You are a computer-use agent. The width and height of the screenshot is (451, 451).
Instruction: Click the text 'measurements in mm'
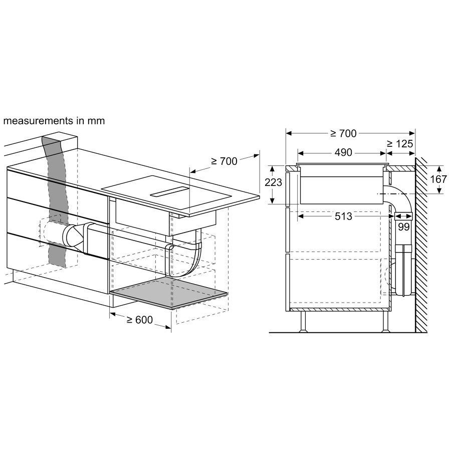54,121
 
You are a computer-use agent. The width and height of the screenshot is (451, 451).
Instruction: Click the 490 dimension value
343,152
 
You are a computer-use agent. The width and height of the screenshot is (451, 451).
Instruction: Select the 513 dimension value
343,216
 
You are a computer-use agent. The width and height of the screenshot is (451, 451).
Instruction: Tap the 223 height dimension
273,182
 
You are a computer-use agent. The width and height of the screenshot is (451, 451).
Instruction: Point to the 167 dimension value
438,179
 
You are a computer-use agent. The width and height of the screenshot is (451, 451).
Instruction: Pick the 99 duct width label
403,227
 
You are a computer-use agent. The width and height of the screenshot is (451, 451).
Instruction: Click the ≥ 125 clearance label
400,143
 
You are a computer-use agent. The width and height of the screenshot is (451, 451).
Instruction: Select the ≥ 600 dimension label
140,320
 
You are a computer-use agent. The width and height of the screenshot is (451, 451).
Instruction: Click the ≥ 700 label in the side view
343,133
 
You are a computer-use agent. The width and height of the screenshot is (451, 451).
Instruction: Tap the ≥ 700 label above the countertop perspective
224,161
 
